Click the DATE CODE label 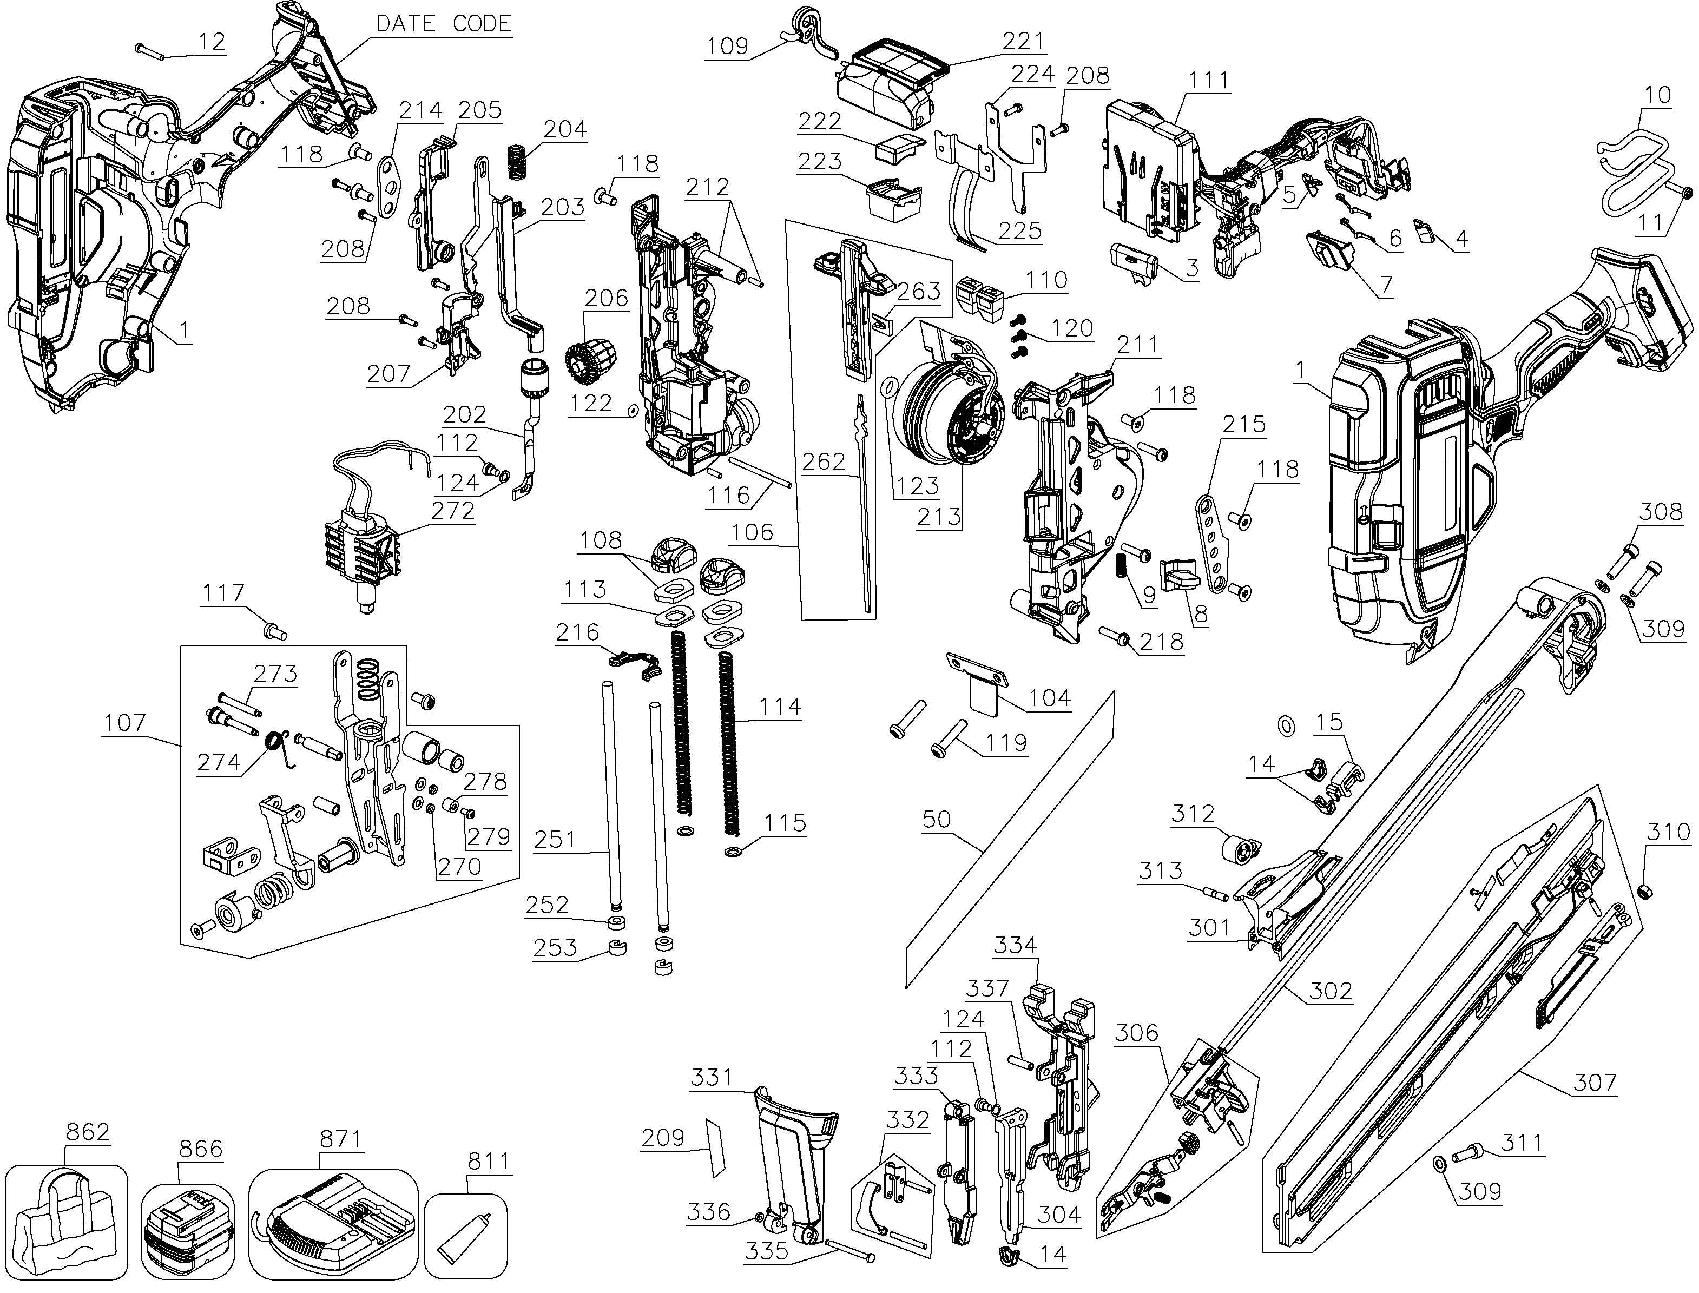tap(444, 23)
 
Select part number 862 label tap(87, 1132)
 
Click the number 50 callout tap(937, 819)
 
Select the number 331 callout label tap(712, 1077)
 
